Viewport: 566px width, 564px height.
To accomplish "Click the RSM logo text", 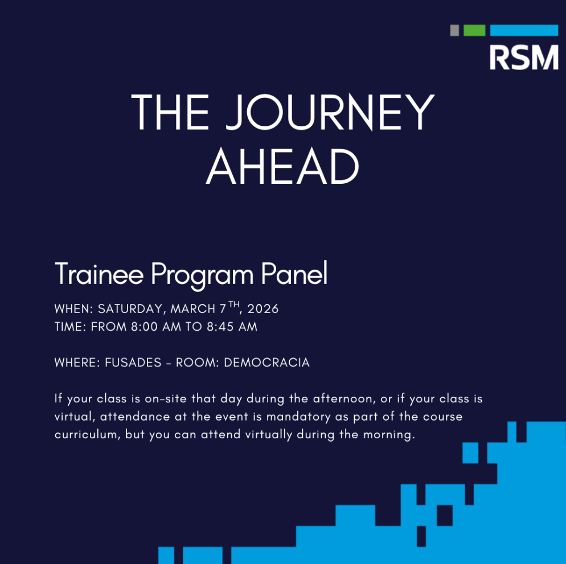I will point(524,57).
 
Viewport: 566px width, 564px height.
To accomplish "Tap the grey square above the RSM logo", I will point(454,30).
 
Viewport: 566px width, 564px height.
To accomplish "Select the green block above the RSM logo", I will point(474,30).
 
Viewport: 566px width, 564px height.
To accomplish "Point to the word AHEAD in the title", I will point(282,167).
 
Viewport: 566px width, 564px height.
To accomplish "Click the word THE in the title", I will point(170,112).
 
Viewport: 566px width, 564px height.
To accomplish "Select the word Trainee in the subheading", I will point(100,275).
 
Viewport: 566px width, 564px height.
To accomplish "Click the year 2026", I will point(263,309).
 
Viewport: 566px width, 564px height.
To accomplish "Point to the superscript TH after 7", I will point(234,305).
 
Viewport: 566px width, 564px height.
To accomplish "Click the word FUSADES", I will point(133,363).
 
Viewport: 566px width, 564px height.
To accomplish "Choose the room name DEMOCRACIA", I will point(266,363).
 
